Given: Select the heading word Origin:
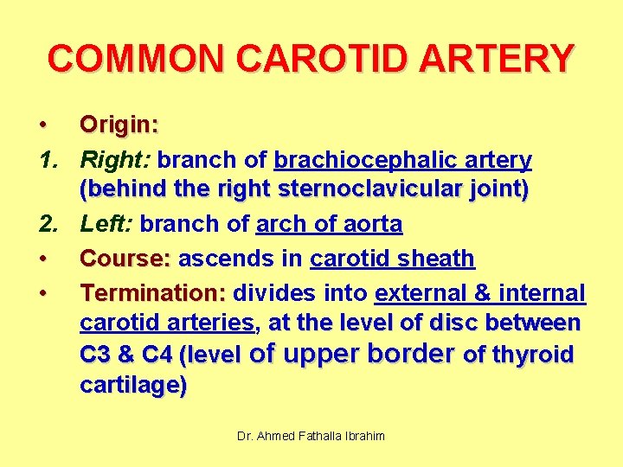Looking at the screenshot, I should point(119,125).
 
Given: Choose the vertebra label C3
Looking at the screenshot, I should point(96,355).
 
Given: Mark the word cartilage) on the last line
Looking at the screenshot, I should point(132,387).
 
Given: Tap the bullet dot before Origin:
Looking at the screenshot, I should point(42,125).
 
